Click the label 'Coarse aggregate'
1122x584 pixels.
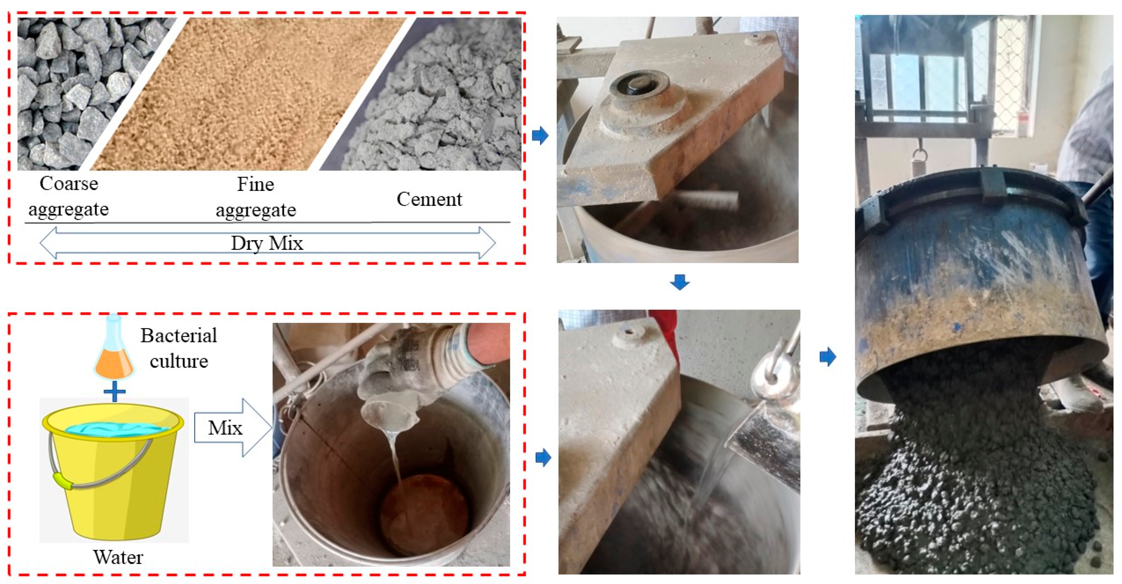[x=69, y=196]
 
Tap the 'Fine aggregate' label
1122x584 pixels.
[x=256, y=197]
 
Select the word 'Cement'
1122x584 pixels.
[x=429, y=199]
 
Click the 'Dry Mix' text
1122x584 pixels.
[x=267, y=243]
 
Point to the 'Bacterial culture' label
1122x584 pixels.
[x=179, y=348]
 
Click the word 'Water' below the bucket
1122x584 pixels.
[x=118, y=557]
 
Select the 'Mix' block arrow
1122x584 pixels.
[x=233, y=428]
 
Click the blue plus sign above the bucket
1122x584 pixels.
[x=114, y=391]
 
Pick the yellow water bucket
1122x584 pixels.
[x=113, y=471]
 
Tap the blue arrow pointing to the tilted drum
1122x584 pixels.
[x=828, y=357]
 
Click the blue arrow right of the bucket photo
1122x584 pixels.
[x=543, y=457]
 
